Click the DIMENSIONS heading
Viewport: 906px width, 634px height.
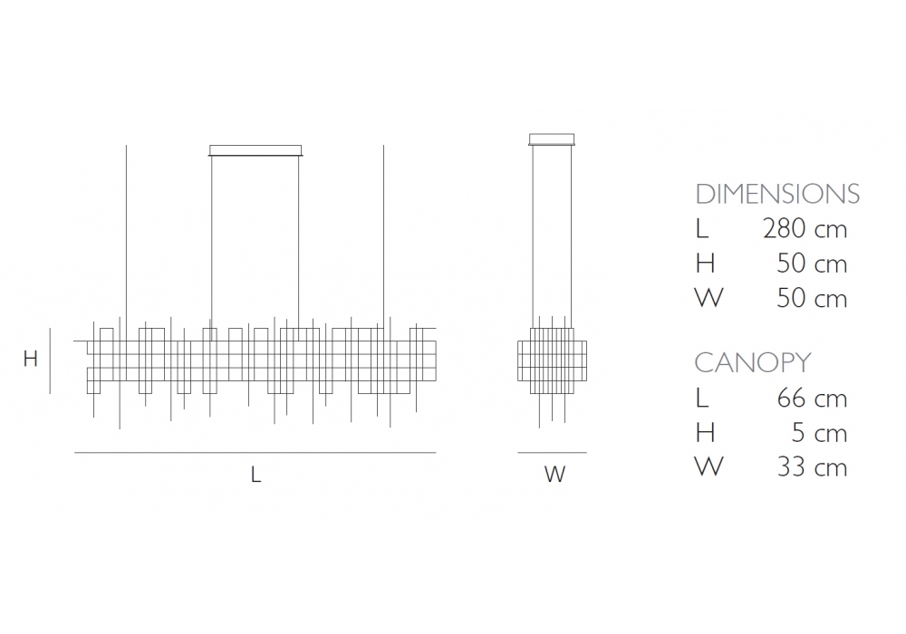pos(777,194)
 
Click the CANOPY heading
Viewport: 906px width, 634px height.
pos(752,362)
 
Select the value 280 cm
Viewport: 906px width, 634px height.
pos(805,228)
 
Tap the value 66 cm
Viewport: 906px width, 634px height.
pos(812,398)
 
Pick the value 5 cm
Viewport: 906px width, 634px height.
pos(819,433)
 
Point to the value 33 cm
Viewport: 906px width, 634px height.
pos(812,467)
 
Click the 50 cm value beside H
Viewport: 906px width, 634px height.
pos(812,264)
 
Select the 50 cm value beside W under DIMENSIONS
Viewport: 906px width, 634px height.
pos(812,298)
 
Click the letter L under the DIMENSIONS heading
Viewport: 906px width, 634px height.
pos(702,229)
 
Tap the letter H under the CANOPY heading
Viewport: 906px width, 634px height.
pos(705,433)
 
